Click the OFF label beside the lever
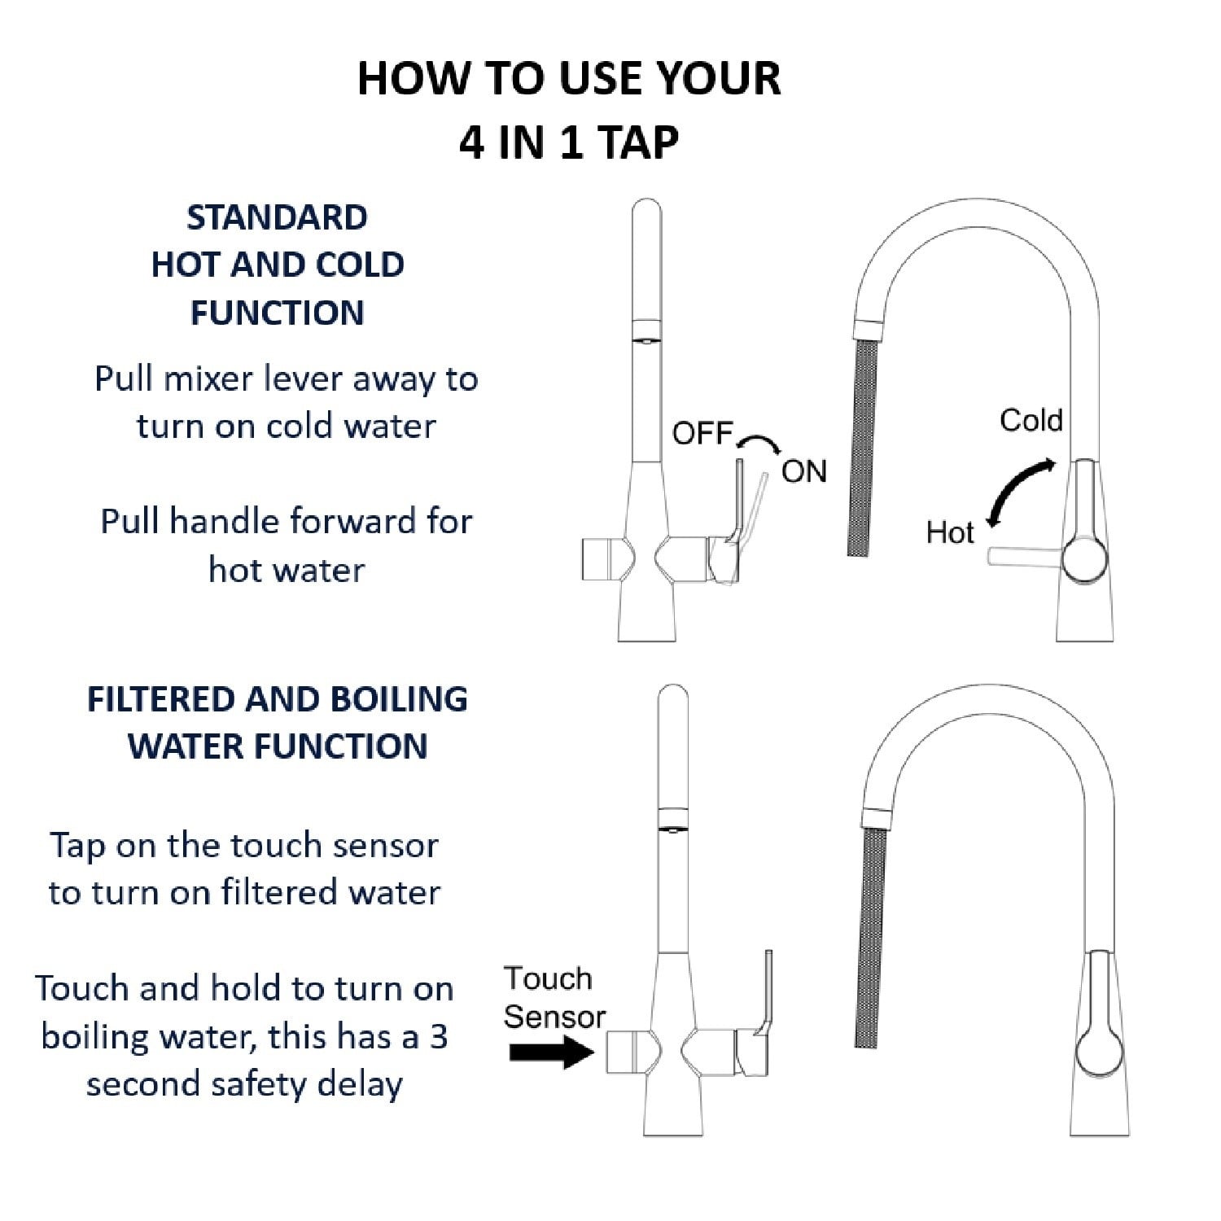pos(702,434)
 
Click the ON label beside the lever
pos(803,471)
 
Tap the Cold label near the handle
pos(1031,420)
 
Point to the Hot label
pos(950,533)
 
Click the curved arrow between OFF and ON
pos(759,437)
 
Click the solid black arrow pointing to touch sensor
pos(552,1052)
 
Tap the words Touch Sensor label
pos(554,997)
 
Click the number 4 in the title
pos(472,143)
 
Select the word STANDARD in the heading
pos(277,217)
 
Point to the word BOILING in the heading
pos(399,699)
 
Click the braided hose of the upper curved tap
pos(863,448)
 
